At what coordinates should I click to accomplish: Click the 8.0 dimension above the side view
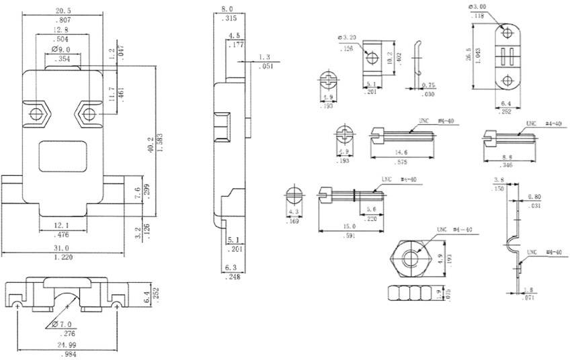point(227,9)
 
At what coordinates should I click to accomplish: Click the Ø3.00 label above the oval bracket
point(476,8)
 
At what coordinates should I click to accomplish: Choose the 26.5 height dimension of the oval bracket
point(469,56)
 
